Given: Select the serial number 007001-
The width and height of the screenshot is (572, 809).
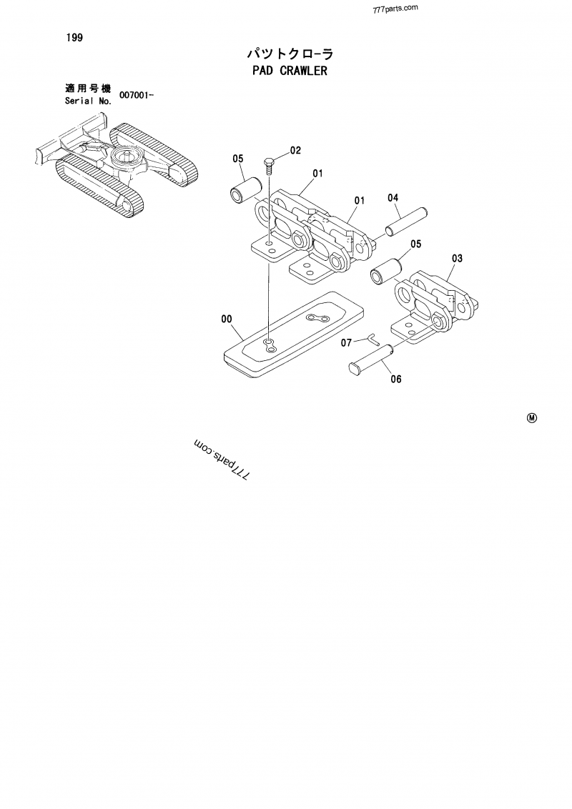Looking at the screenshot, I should coord(137,95).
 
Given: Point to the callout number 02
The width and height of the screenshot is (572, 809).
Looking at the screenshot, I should coord(295,151).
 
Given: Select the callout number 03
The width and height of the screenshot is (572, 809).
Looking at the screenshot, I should coord(458,258).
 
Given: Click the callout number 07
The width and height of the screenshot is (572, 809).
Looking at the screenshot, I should coord(345,343).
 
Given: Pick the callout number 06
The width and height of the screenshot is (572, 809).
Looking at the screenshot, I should coord(395,379).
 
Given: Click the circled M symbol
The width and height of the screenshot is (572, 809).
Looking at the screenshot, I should coord(531,418).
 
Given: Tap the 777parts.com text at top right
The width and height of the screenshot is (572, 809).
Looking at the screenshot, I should coord(395,10).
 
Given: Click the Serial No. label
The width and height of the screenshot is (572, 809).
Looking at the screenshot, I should coord(88,101).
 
